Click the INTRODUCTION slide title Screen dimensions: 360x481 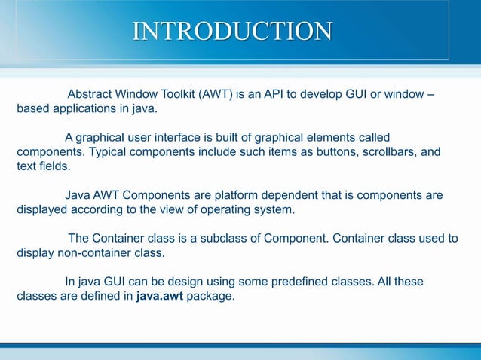coord(232,31)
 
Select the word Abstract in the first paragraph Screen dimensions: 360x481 coord(91,95)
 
